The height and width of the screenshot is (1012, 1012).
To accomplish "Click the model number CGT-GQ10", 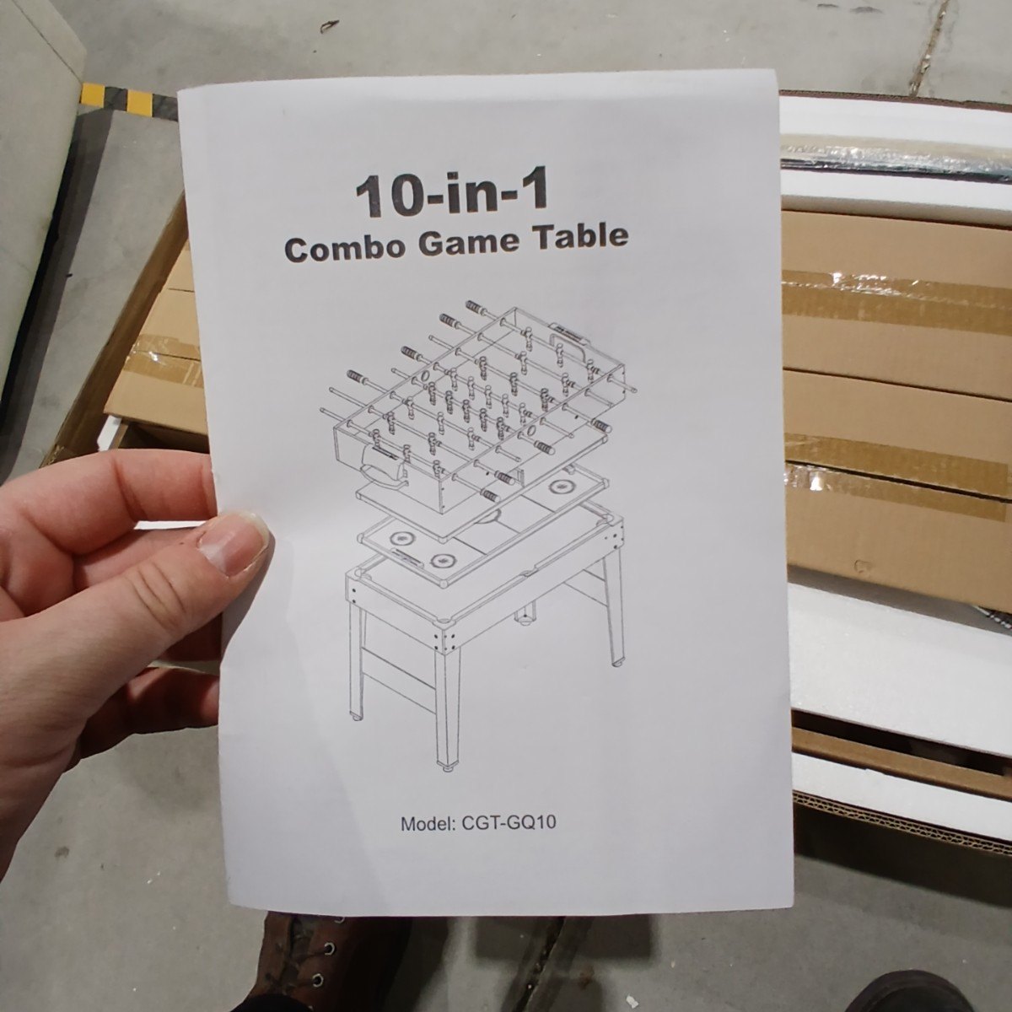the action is point(508,822).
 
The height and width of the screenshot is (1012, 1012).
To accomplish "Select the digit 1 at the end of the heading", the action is point(536,192).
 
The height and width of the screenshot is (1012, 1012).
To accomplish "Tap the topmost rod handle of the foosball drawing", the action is point(476,307).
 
